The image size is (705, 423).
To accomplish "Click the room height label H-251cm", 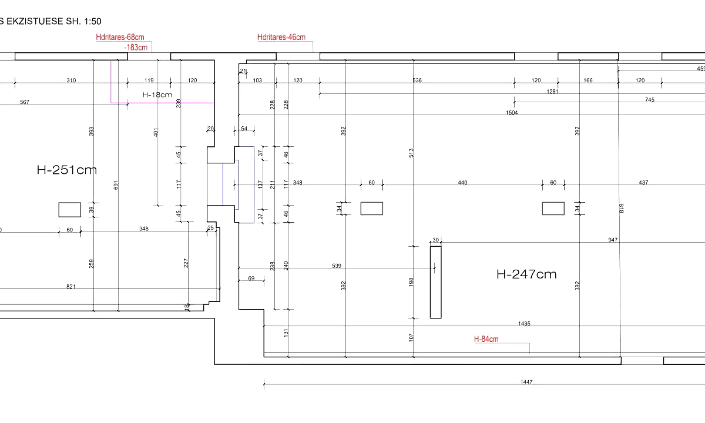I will (66, 170).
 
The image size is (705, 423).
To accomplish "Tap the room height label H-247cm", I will (526, 274).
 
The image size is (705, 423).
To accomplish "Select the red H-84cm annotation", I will (486, 339).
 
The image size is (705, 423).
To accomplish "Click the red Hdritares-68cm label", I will (120, 38).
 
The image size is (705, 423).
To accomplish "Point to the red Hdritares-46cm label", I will (281, 38).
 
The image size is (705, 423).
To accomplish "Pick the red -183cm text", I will (136, 47).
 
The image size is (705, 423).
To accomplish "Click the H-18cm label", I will (157, 95).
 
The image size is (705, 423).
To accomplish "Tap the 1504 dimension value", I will (512, 112).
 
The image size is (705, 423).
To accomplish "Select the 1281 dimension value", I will (552, 91).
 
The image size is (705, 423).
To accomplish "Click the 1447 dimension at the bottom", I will (526, 382).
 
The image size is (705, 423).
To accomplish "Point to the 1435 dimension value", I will (525, 324).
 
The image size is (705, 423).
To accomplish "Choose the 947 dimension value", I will (613, 240).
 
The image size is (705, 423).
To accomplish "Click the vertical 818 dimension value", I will (621, 208).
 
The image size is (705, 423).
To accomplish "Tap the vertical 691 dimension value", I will (116, 185).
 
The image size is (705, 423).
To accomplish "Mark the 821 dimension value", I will (71, 287).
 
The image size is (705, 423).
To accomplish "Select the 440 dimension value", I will (462, 183).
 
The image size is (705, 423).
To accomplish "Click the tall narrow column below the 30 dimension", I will (435, 282).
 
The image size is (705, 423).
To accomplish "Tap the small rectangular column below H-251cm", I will (69, 210).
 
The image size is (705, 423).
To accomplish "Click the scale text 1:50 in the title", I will (91, 21).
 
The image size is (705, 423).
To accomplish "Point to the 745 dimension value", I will (649, 100).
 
